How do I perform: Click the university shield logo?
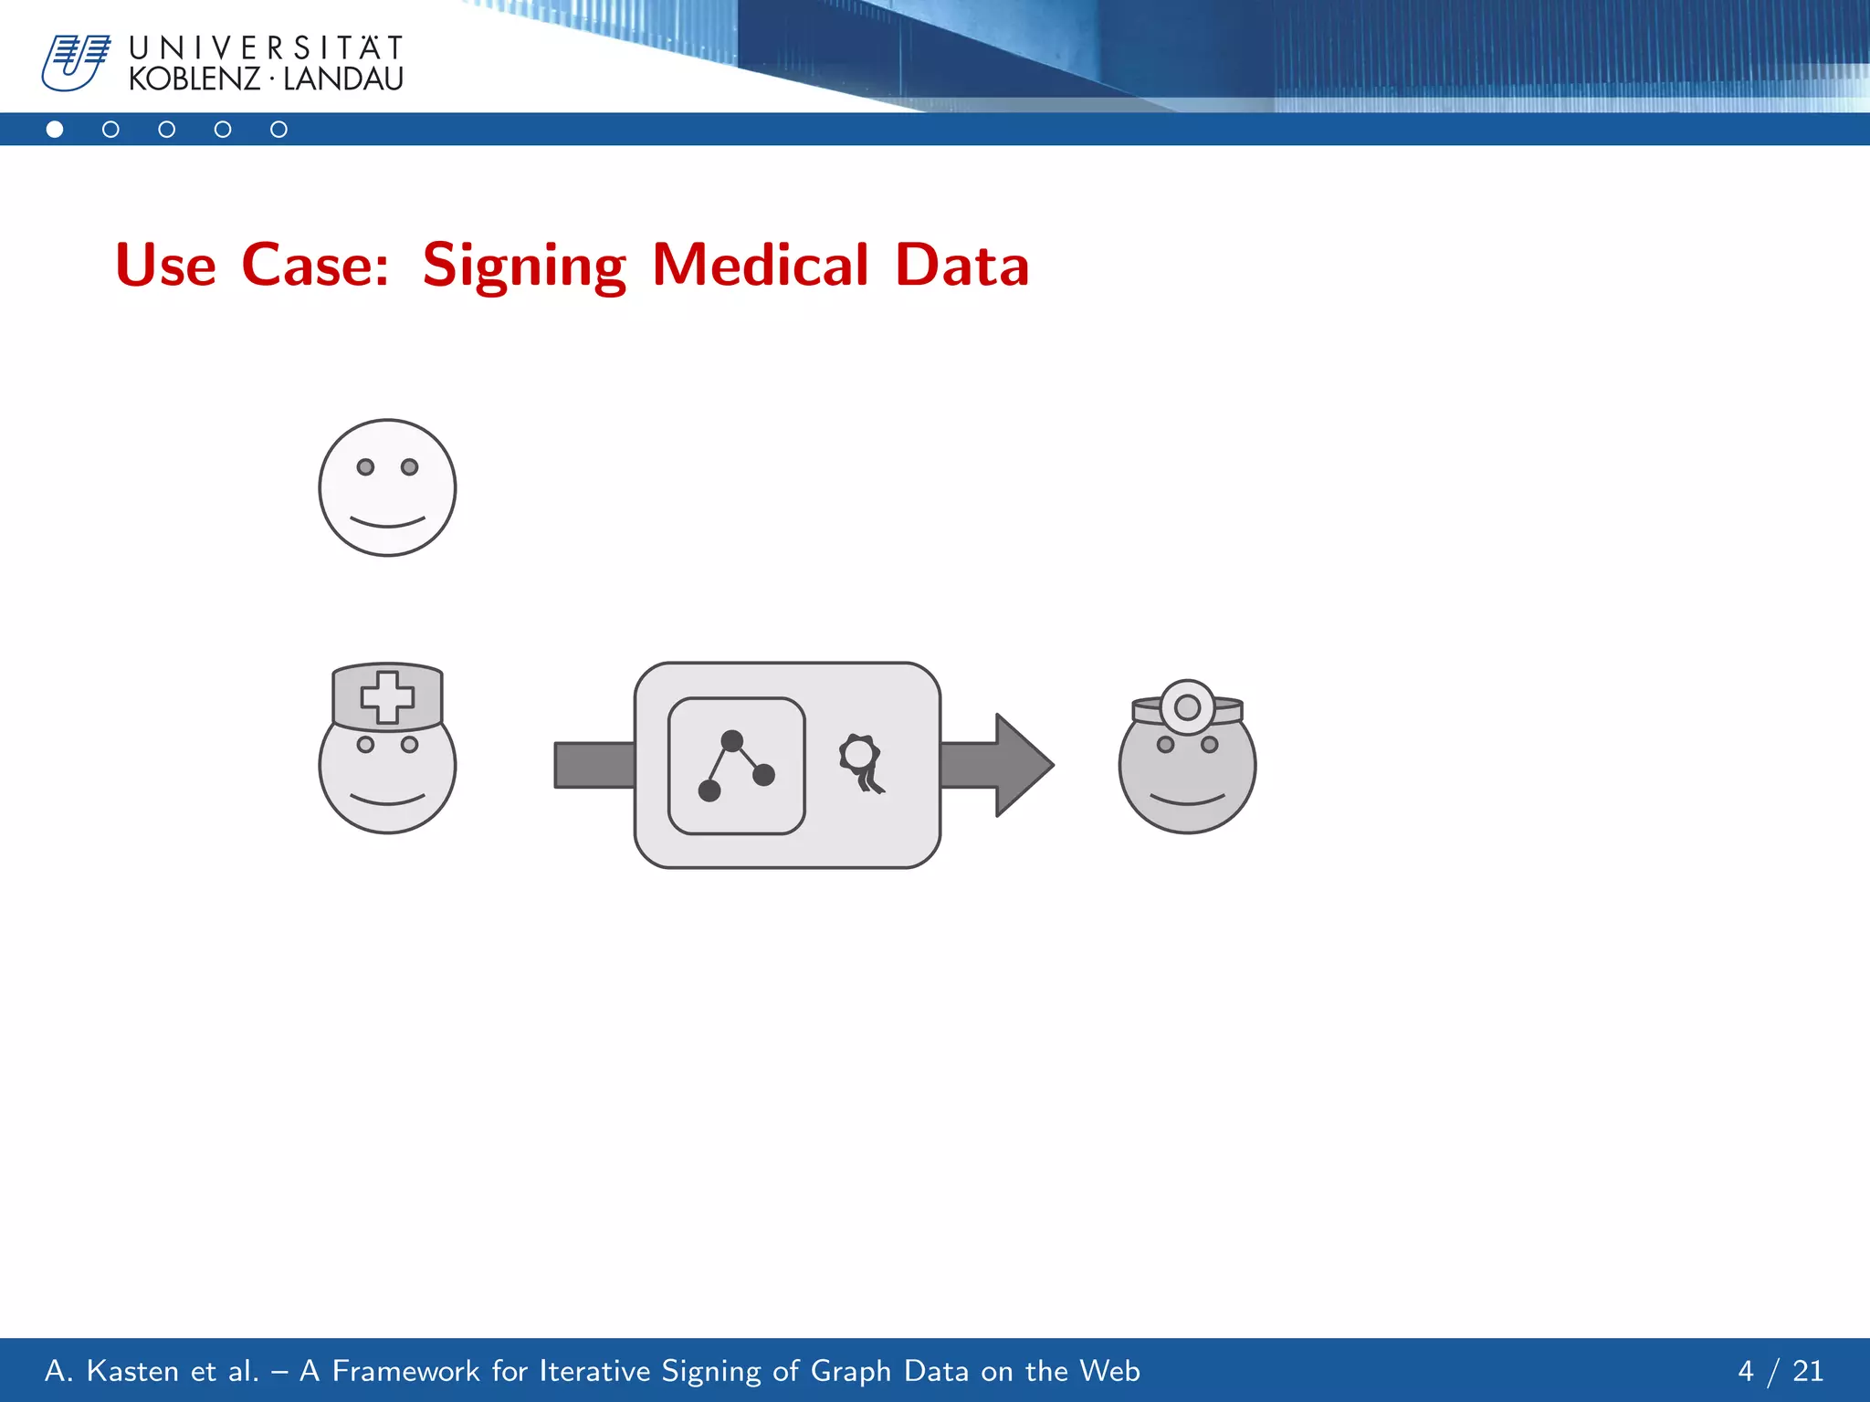[75, 63]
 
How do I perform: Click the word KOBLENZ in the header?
[194, 79]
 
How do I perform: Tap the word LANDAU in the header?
[343, 79]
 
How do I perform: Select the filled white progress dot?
[55, 130]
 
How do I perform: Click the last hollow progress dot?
[278, 130]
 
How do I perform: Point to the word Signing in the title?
[524, 266]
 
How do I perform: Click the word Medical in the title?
[760, 266]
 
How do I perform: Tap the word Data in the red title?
[961, 266]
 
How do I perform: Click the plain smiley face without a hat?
[387, 487]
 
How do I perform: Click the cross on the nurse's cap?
[387, 697]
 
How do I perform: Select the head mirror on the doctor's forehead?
[1187, 706]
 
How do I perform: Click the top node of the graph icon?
[731, 740]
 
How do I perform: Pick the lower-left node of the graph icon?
[709, 790]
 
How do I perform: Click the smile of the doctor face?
[1187, 800]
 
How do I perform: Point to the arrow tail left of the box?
[594, 765]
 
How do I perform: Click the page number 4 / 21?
[1780, 1370]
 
